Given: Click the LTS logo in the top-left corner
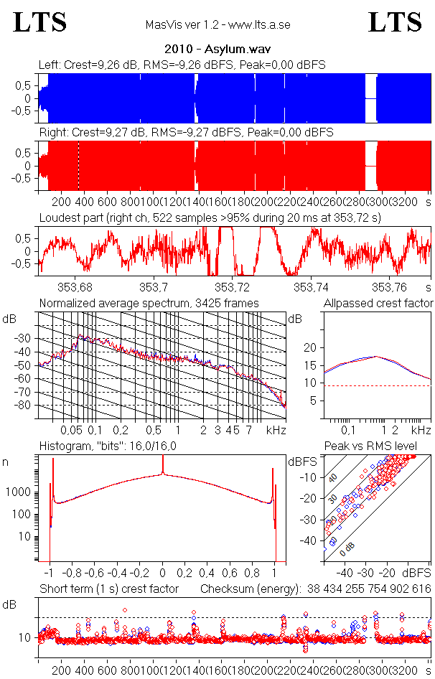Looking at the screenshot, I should pos(40,22).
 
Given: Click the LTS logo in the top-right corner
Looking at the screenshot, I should pos(395,22).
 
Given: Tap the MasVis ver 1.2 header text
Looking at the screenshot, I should pos(217,24).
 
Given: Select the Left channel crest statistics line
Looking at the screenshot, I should pos(182,65).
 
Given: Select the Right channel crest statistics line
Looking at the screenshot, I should pos(186,133).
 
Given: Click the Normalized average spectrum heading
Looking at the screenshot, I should pos(149,303).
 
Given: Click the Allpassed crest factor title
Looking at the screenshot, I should pos(378,303).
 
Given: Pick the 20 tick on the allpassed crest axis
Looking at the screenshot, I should pos(311,347).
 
